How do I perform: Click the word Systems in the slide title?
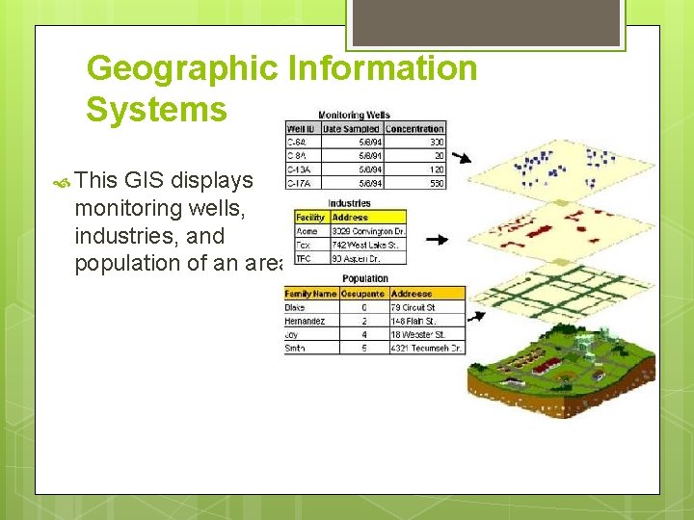pos(156,110)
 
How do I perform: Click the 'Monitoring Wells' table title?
pos(354,116)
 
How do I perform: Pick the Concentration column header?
pos(414,129)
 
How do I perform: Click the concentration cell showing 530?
pos(436,182)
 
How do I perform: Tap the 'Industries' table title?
pos(349,204)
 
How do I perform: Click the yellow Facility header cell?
pos(310,218)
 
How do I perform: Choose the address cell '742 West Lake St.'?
pos(367,246)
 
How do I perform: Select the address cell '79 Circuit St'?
pos(414,307)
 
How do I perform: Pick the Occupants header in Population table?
pos(362,294)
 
